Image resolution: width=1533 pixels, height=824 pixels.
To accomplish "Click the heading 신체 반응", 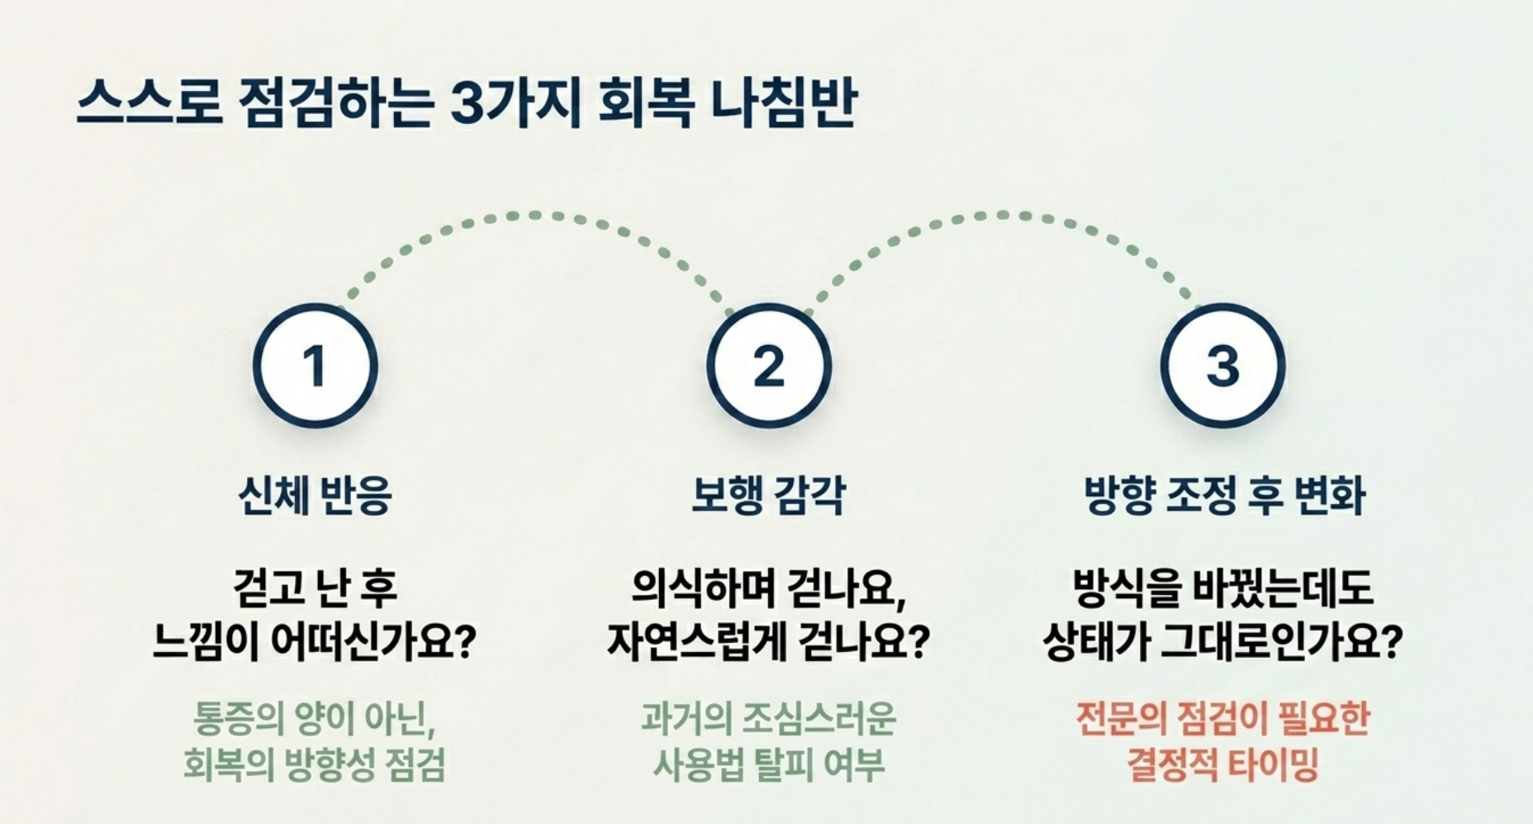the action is click(x=315, y=495).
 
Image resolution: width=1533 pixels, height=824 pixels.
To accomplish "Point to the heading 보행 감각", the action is click(x=769, y=495).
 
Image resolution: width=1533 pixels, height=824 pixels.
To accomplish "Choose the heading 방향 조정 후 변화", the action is click(x=1224, y=495).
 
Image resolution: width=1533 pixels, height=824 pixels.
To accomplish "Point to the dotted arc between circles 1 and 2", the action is click(x=534, y=216).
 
